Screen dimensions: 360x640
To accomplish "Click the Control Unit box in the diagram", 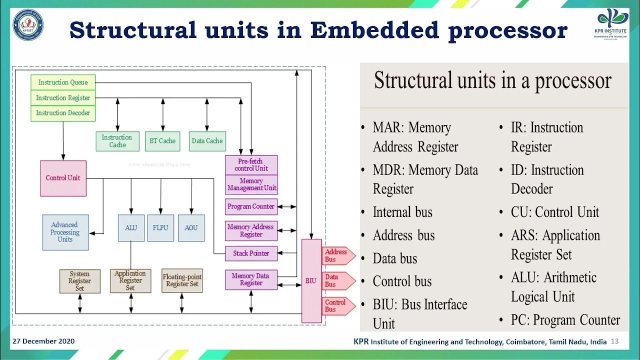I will (63, 178).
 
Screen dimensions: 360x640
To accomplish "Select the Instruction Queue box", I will (62, 82).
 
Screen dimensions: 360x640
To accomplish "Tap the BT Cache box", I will (162, 141).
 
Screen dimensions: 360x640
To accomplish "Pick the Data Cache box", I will (207, 141).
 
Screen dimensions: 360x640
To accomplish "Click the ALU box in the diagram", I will (131, 228).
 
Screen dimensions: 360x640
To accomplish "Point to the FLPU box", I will (160, 228).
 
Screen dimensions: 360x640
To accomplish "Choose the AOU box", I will (191, 228).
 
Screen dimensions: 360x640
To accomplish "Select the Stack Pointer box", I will (251, 253).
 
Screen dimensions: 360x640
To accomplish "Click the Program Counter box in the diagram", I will (251, 206).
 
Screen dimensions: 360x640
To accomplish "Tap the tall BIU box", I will (311, 280).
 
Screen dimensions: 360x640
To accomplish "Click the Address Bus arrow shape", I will (337, 255).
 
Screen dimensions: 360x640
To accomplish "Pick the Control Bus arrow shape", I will (337, 306).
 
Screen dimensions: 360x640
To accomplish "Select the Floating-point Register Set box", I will (182, 280).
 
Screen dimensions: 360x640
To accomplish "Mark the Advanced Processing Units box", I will (65, 232).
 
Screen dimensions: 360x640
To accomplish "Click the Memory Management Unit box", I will (251, 184).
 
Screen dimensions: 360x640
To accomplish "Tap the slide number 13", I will (615, 341).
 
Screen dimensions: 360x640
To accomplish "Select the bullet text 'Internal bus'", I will (402, 212).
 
